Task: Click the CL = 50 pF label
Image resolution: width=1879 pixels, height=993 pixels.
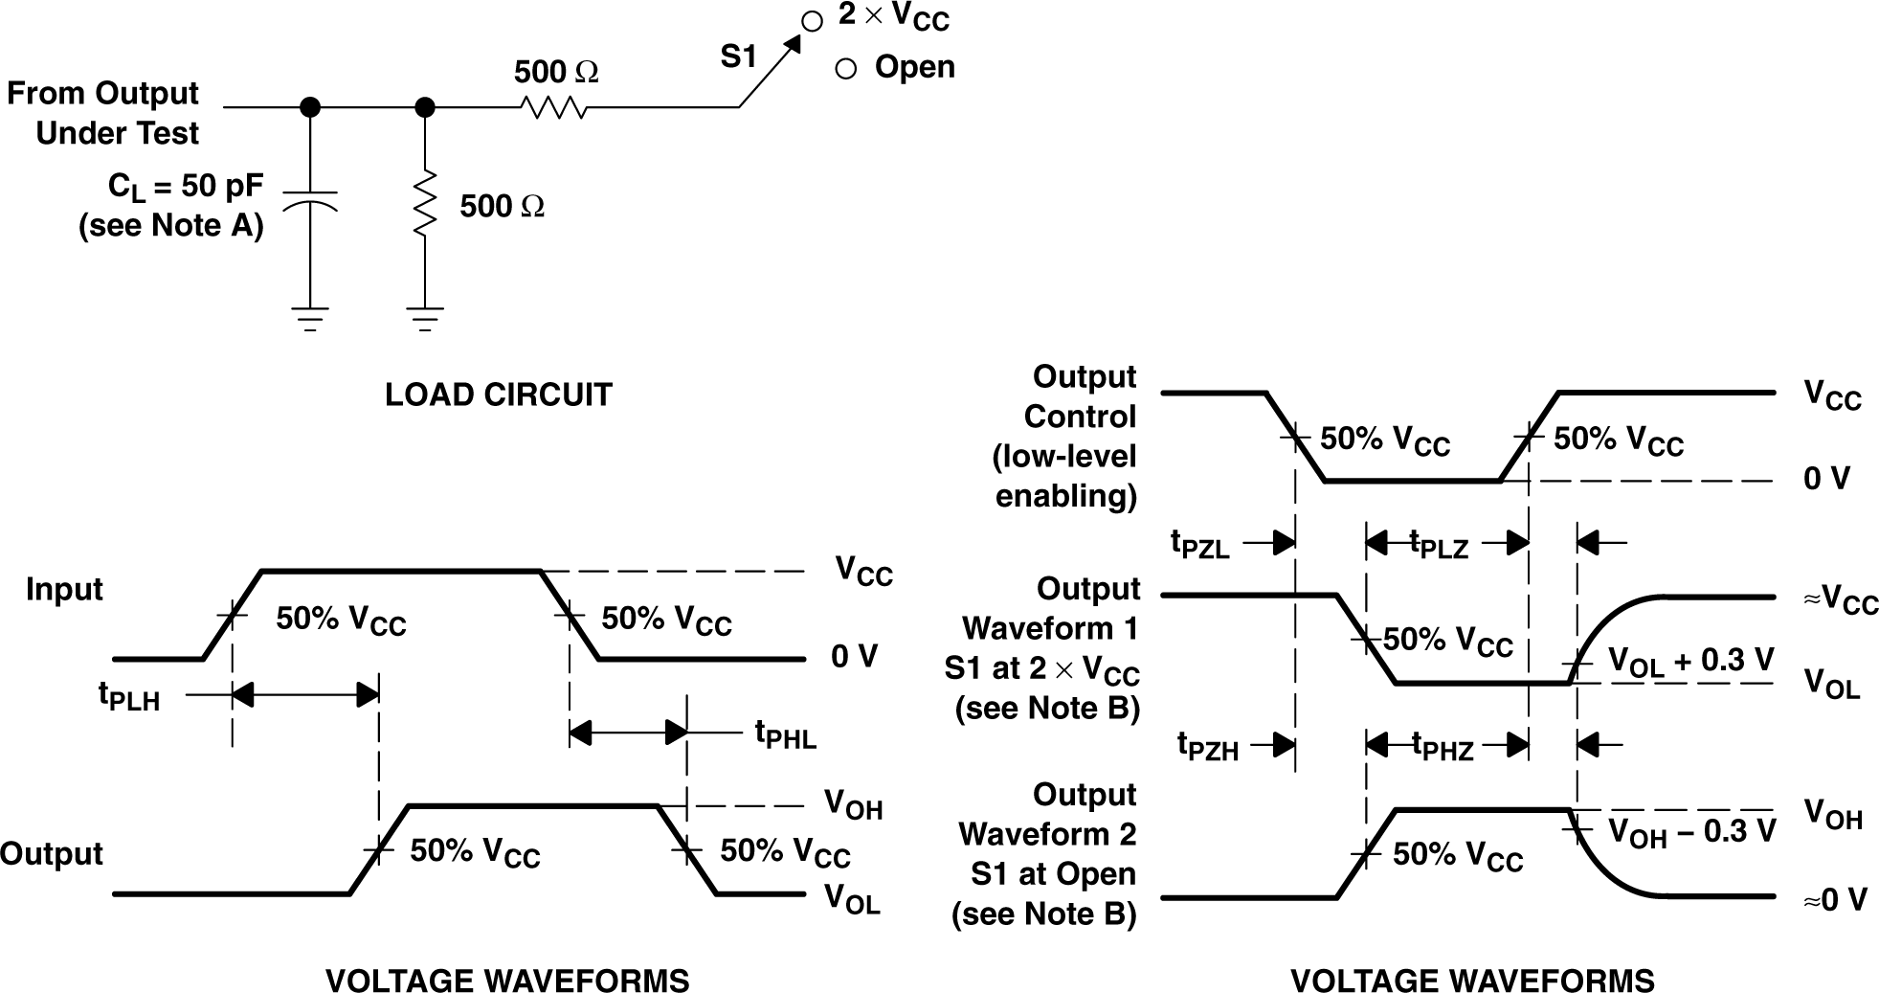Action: coord(186,187)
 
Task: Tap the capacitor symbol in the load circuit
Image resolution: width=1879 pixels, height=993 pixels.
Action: coord(309,202)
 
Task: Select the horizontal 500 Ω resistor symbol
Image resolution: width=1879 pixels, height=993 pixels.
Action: coord(554,107)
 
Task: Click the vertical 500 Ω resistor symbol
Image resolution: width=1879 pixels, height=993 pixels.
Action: coord(425,202)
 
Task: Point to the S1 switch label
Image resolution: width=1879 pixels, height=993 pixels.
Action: coord(738,58)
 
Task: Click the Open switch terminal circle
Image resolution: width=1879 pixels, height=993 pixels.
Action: coord(845,69)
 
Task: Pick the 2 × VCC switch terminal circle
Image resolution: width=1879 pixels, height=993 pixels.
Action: coord(812,21)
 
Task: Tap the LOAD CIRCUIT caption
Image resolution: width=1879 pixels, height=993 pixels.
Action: coord(498,395)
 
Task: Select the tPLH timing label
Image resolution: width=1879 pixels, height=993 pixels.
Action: coord(129,696)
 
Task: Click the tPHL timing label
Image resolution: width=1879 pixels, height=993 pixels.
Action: coord(785,735)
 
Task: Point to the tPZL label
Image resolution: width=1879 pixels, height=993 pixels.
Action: coord(1199,544)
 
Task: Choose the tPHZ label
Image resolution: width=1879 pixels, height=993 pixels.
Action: coord(1443,746)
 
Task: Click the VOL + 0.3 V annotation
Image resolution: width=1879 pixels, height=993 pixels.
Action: coord(1690,661)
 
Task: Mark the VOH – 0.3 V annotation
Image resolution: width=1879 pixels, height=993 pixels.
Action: coord(1690,831)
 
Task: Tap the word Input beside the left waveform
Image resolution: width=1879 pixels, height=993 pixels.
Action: coord(64,589)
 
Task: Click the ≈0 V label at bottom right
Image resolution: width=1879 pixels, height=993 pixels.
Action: coord(1834,900)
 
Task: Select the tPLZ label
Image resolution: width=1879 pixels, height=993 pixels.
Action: coord(1439,544)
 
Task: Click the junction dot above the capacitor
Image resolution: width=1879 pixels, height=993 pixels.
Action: coord(309,107)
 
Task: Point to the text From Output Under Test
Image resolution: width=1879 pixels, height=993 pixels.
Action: coord(103,113)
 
